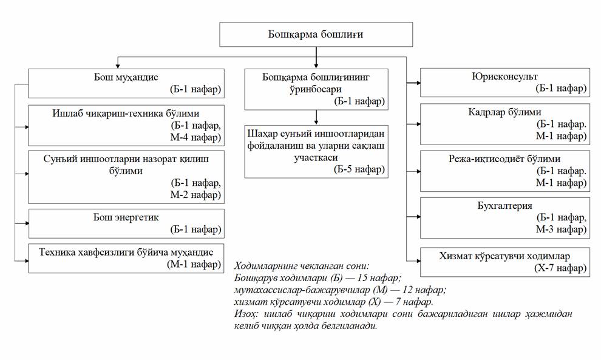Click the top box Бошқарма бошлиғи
pos(315,35)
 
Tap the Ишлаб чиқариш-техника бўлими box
pos(126,125)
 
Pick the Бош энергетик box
pos(126,223)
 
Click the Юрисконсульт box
pos(504,83)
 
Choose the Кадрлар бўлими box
pos(504,124)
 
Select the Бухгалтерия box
pos(504,217)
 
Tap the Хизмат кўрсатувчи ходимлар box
pos(504,262)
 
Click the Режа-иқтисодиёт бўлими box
pos(504,171)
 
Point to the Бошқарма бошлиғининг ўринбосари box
pos(316,88)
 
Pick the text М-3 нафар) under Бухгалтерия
pos(561,229)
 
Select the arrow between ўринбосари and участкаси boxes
pos(316,117)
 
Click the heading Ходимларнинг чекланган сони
pos(301,266)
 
